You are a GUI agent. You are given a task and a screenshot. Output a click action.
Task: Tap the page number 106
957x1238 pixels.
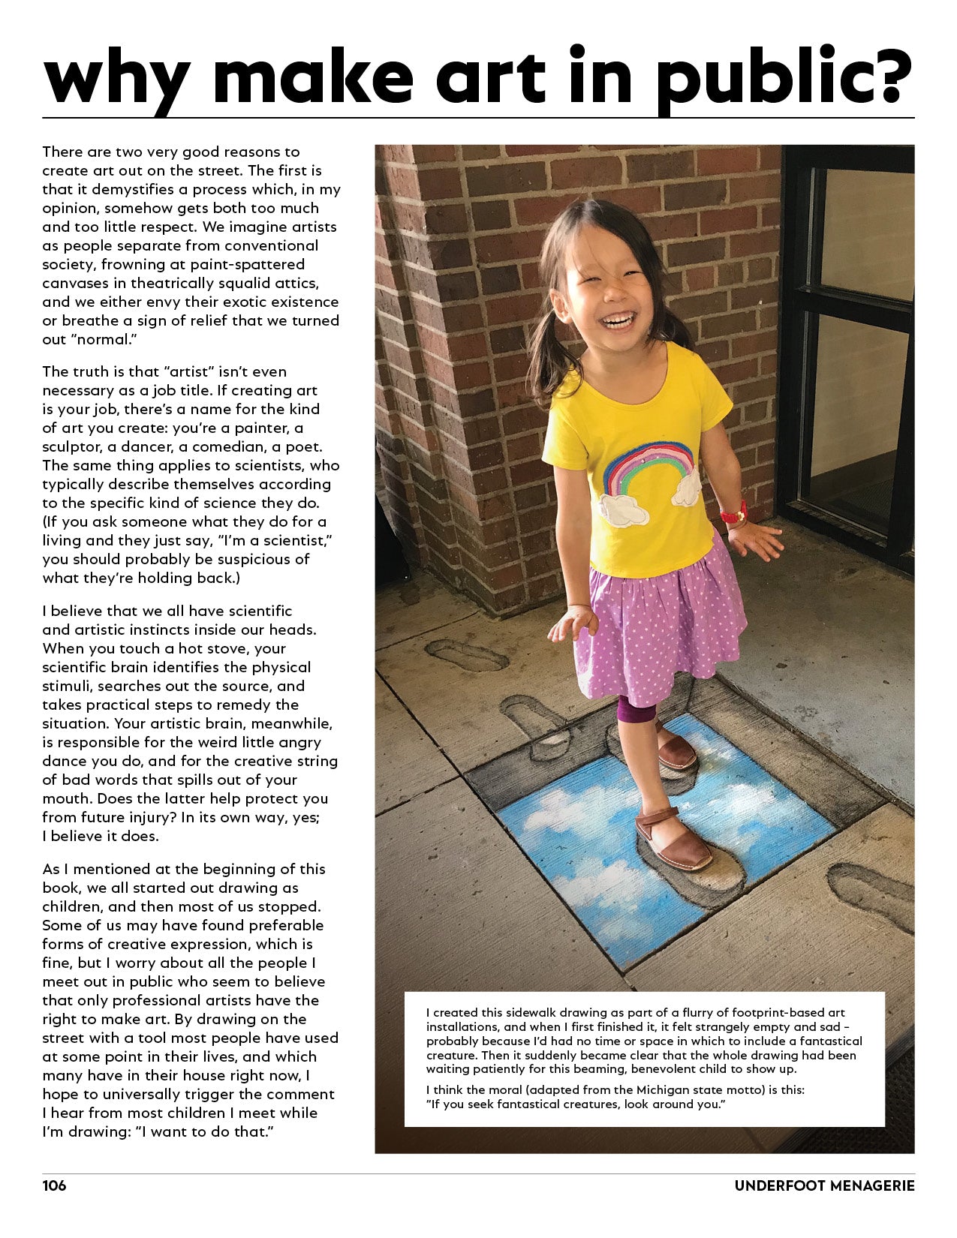click(x=54, y=1185)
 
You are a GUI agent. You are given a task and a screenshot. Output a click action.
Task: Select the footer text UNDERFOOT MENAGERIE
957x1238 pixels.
click(x=824, y=1185)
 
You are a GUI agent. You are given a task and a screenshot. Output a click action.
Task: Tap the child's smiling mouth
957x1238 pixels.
click(x=619, y=320)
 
